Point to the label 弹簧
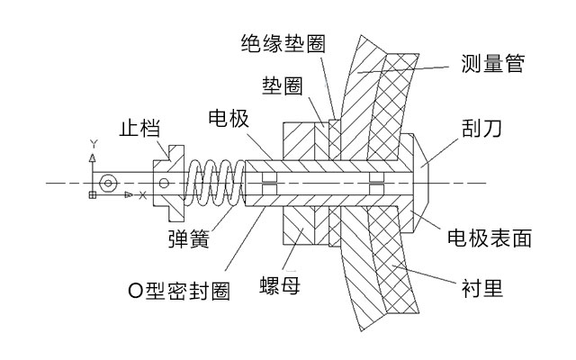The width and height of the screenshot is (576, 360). coord(190,239)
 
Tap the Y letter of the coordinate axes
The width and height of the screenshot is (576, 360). coord(93,144)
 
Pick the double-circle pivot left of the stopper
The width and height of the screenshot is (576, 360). coord(108,183)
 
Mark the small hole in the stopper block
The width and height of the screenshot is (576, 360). coord(163,184)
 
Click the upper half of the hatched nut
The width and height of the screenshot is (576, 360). coord(300,139)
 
